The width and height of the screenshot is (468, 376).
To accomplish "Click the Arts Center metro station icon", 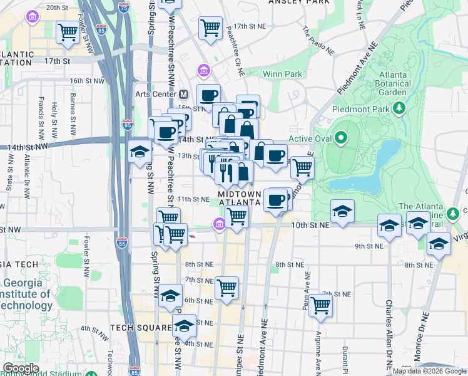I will [184, 94].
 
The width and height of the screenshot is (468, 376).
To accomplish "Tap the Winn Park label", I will [283, 74].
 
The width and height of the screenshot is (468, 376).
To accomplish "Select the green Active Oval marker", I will [341, 137].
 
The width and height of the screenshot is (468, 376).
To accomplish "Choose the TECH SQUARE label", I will [141, 328].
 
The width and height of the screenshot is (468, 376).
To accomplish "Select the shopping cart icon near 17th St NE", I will [210, 28].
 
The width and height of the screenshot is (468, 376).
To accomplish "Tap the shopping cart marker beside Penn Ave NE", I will [320, 305].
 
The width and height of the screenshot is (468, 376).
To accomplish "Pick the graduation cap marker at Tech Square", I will [184, 326].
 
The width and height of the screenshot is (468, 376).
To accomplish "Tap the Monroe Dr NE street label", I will [427, 338].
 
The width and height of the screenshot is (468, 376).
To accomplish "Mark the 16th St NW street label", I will [84, 81].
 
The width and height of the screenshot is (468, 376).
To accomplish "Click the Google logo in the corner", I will [21, 368].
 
